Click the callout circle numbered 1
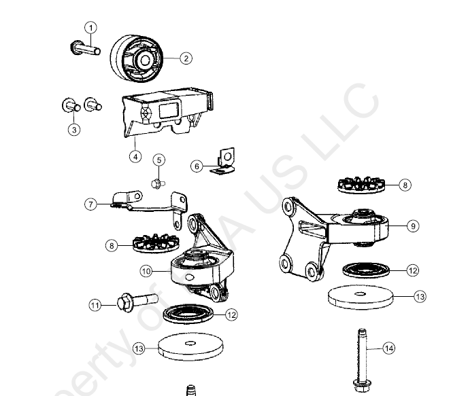click(x=90, y=28)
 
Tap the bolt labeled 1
click(x=84, y=48)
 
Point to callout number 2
click(x=186, y=58)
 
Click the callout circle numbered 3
click(x=74, y=130)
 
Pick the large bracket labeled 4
click(x=167, y=111)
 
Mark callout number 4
click(x=135, y=156)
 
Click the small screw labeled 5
click(x=156, y=182)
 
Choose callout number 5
click(x=158, y=160)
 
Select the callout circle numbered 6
click(x=197, y=165)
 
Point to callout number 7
click(x=90, y=202)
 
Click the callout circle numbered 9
click(x=413, y=226)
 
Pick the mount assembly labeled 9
click(x=333, y=234)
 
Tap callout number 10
click(x=147, y=270)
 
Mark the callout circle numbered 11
click(x=95, y=305)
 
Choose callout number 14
click(x=388, y=348)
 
